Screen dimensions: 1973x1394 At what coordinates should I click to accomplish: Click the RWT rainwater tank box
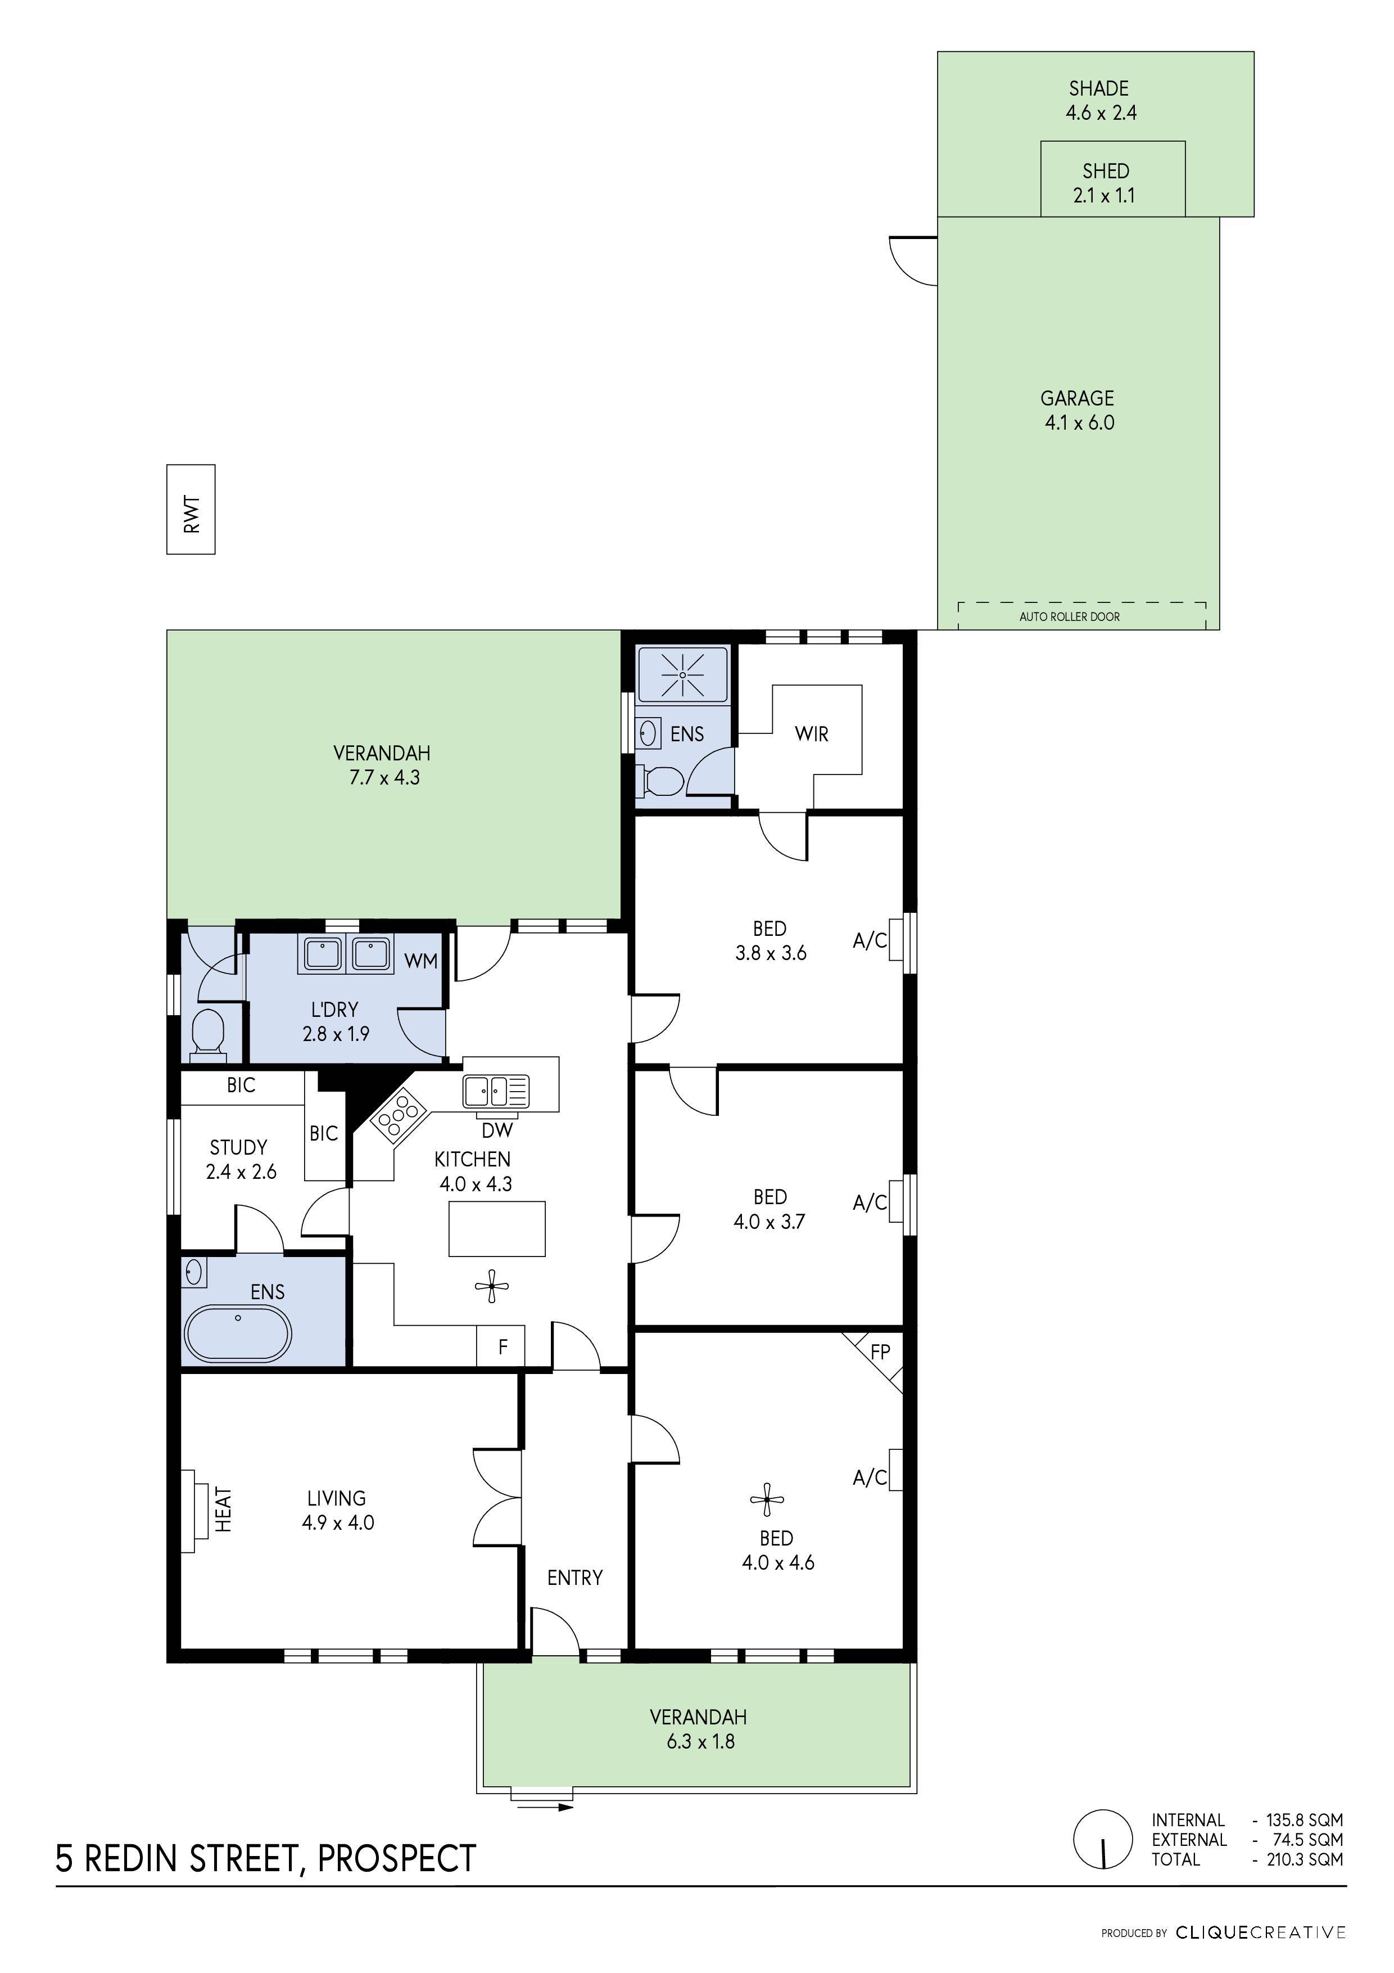pos(191,509)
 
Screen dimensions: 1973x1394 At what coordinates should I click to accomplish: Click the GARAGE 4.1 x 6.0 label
pos(1078,410)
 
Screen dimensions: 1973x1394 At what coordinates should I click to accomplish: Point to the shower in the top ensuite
pos(682,674)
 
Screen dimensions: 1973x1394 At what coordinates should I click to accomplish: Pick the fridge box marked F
pos(503,1346)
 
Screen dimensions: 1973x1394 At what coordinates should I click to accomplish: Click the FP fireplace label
pos(880,1352)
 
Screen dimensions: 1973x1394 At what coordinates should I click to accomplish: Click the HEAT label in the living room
pos(223,1509)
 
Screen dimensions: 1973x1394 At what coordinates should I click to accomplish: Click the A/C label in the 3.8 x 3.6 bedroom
pos(869,941)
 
